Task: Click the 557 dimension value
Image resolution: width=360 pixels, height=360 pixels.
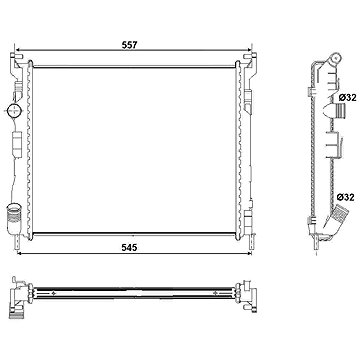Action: (129, 45)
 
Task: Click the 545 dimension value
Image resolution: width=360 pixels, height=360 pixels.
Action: (129, 247)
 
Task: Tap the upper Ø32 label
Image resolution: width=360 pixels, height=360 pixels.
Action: (348, 98)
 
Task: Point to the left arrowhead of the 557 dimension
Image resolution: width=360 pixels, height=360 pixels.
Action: (19, 50)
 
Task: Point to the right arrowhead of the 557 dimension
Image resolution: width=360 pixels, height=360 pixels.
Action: (249, 50)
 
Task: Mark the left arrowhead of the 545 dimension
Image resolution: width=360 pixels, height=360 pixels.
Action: (20, 254)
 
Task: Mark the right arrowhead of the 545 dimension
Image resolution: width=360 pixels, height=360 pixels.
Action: (248, 254)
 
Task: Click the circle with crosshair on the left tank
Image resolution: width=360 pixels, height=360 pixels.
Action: (14, 110)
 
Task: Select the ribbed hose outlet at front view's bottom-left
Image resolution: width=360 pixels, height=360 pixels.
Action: (13, 215)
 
